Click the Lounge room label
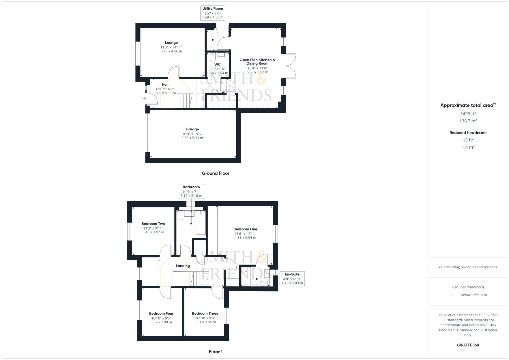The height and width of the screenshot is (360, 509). [171, 43]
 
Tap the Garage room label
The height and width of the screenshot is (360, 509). [192, 129]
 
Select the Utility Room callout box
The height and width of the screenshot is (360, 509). [212, 13]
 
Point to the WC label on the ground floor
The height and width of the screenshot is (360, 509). [217, 64]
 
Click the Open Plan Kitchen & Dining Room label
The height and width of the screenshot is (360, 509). [257, 62]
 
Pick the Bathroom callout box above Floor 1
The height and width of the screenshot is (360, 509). [191, 191]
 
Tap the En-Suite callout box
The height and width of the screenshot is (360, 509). [292, 279]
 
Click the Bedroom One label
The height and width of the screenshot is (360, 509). [245, 229]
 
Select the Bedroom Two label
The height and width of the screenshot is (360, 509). [153, 224]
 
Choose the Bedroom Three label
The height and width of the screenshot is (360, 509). [205, 313]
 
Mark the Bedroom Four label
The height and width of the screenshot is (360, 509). [161, 313]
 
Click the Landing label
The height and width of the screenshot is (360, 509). [183, 266]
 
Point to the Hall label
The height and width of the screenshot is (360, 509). [165, 84]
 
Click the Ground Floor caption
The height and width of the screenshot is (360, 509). [215, 173]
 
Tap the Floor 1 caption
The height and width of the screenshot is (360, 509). [215, 352]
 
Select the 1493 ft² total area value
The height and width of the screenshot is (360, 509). [468, 114]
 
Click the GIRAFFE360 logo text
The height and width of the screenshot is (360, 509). [468, 345]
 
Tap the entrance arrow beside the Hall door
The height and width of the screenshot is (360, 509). [144, 99]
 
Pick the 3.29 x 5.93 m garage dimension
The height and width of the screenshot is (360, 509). [192, 138]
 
